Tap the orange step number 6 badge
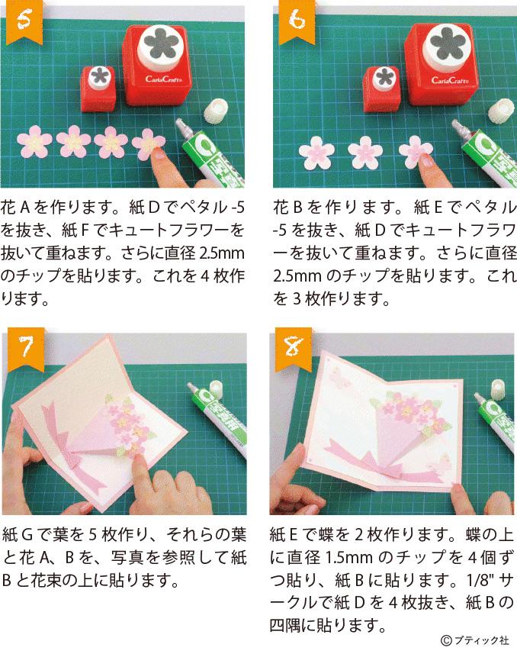[x=297, y=21]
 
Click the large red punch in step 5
[x=158, y=64]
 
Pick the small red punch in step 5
[x=98, y=89]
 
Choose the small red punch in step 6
[x=381, y=89]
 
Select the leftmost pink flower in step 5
[x=34, y=141]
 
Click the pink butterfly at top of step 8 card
[x=339, y=378]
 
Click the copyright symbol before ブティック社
[x=446, y=640]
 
